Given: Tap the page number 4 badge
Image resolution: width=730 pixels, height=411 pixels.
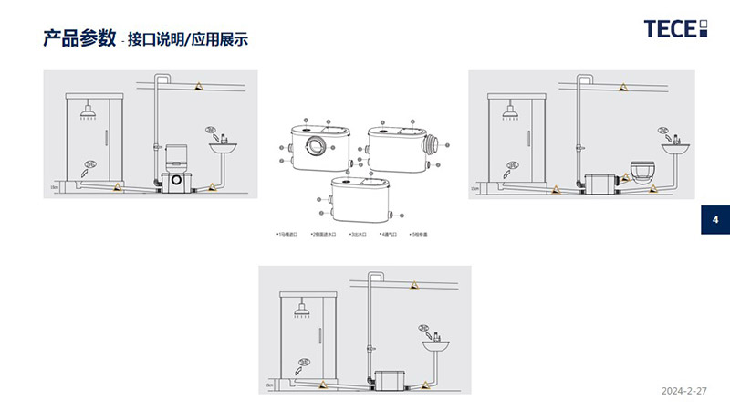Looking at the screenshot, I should [715, 220].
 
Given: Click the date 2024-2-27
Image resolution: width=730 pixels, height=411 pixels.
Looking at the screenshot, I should [684, 390].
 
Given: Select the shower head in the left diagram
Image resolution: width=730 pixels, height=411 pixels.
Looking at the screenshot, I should [89, 114].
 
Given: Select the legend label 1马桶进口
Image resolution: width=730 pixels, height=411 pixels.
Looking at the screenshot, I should [293, 235].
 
